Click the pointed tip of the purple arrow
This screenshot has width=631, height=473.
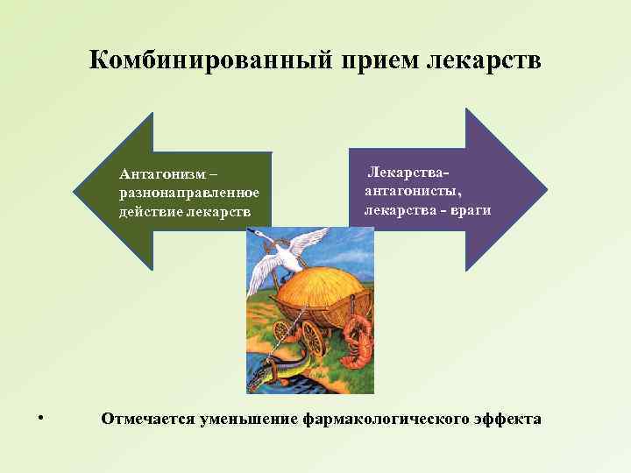coord(546,188)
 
